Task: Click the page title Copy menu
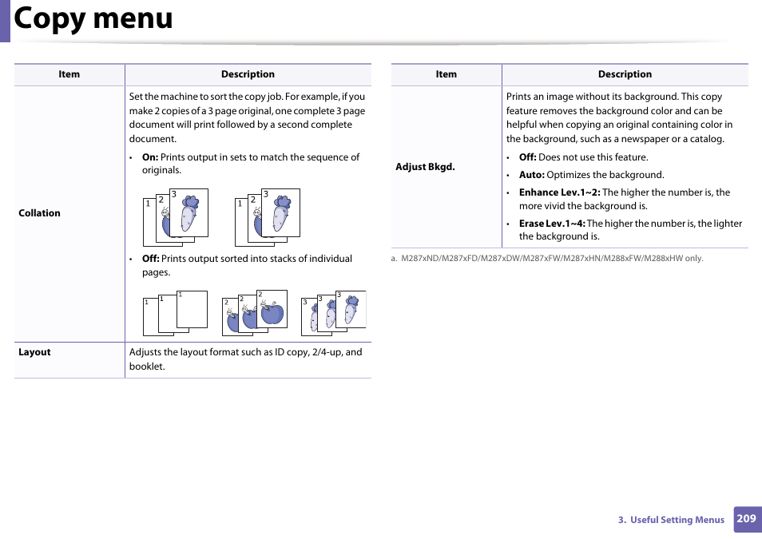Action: click(x=93, y=19)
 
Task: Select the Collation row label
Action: click(x=39, y=213)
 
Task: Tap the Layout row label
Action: click(x=34, y=352)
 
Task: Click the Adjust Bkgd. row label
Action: click(x=425, y=167)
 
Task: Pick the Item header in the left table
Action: click(x=69, y=74)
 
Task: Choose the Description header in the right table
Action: click(x=625, y=74)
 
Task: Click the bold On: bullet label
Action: click(x=150, y=157)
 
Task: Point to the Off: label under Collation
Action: click(x=150, y=259)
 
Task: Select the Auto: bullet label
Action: click(x=531, y=175)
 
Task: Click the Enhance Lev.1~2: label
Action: click(x=559, y=192)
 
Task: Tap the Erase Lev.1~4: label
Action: click(x=552, y=224)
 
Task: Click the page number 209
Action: click(x=746, y=518)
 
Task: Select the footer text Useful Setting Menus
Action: click(x=677, y=520)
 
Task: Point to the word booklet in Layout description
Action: click(x=146, y=367)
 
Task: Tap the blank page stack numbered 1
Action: click(x=175, y=312)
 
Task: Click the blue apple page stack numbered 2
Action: click(x=255, y=312)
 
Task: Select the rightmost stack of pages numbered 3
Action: click(x=333, y=312)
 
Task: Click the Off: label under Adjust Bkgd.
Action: click(x=527, y=157)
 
